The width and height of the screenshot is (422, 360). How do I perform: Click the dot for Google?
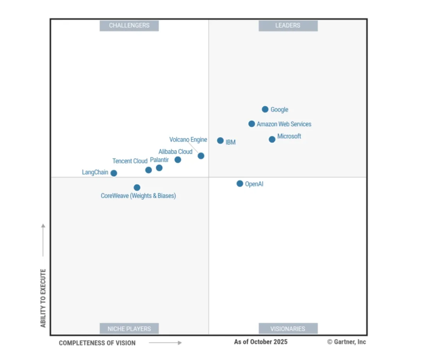(x=265, y=109)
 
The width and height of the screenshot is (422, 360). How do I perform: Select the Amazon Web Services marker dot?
(x=252, y=124)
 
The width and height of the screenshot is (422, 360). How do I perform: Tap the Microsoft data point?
(x=272, y=139)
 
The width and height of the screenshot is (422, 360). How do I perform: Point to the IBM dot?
(x=220, y=141)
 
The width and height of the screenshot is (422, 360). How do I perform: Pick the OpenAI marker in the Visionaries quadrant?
(x=240, y=184)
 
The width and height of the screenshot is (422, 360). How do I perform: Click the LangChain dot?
(x=114, y=173)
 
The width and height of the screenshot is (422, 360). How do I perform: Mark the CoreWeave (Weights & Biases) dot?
(x=137, y=187)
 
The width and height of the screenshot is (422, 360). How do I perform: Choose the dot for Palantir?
(x=159, y=168)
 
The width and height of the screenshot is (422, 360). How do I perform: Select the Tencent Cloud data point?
(x=148, y=170)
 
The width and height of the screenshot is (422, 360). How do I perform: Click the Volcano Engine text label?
(x=188, y=140)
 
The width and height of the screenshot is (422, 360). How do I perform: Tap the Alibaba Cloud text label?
(x=175, y=151)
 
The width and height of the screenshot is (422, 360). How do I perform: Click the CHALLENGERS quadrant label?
(x=129, y=26)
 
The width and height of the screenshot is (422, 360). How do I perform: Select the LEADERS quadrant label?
(x=288, y=26)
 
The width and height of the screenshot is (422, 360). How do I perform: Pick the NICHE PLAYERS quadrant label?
(x=129, y=329)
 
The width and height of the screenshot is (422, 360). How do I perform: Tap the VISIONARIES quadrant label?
(x=288, y=329)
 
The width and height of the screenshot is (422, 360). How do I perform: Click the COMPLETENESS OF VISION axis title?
(x=97, y=343)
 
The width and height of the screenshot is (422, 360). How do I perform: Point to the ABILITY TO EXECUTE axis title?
(x=43, y=298)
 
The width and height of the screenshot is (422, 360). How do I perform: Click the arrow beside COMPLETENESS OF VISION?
(x=165, y=343)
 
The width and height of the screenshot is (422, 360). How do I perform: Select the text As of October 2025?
(x=261, y=342)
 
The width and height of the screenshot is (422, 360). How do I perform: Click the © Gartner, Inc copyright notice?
(x=347, y=342)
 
